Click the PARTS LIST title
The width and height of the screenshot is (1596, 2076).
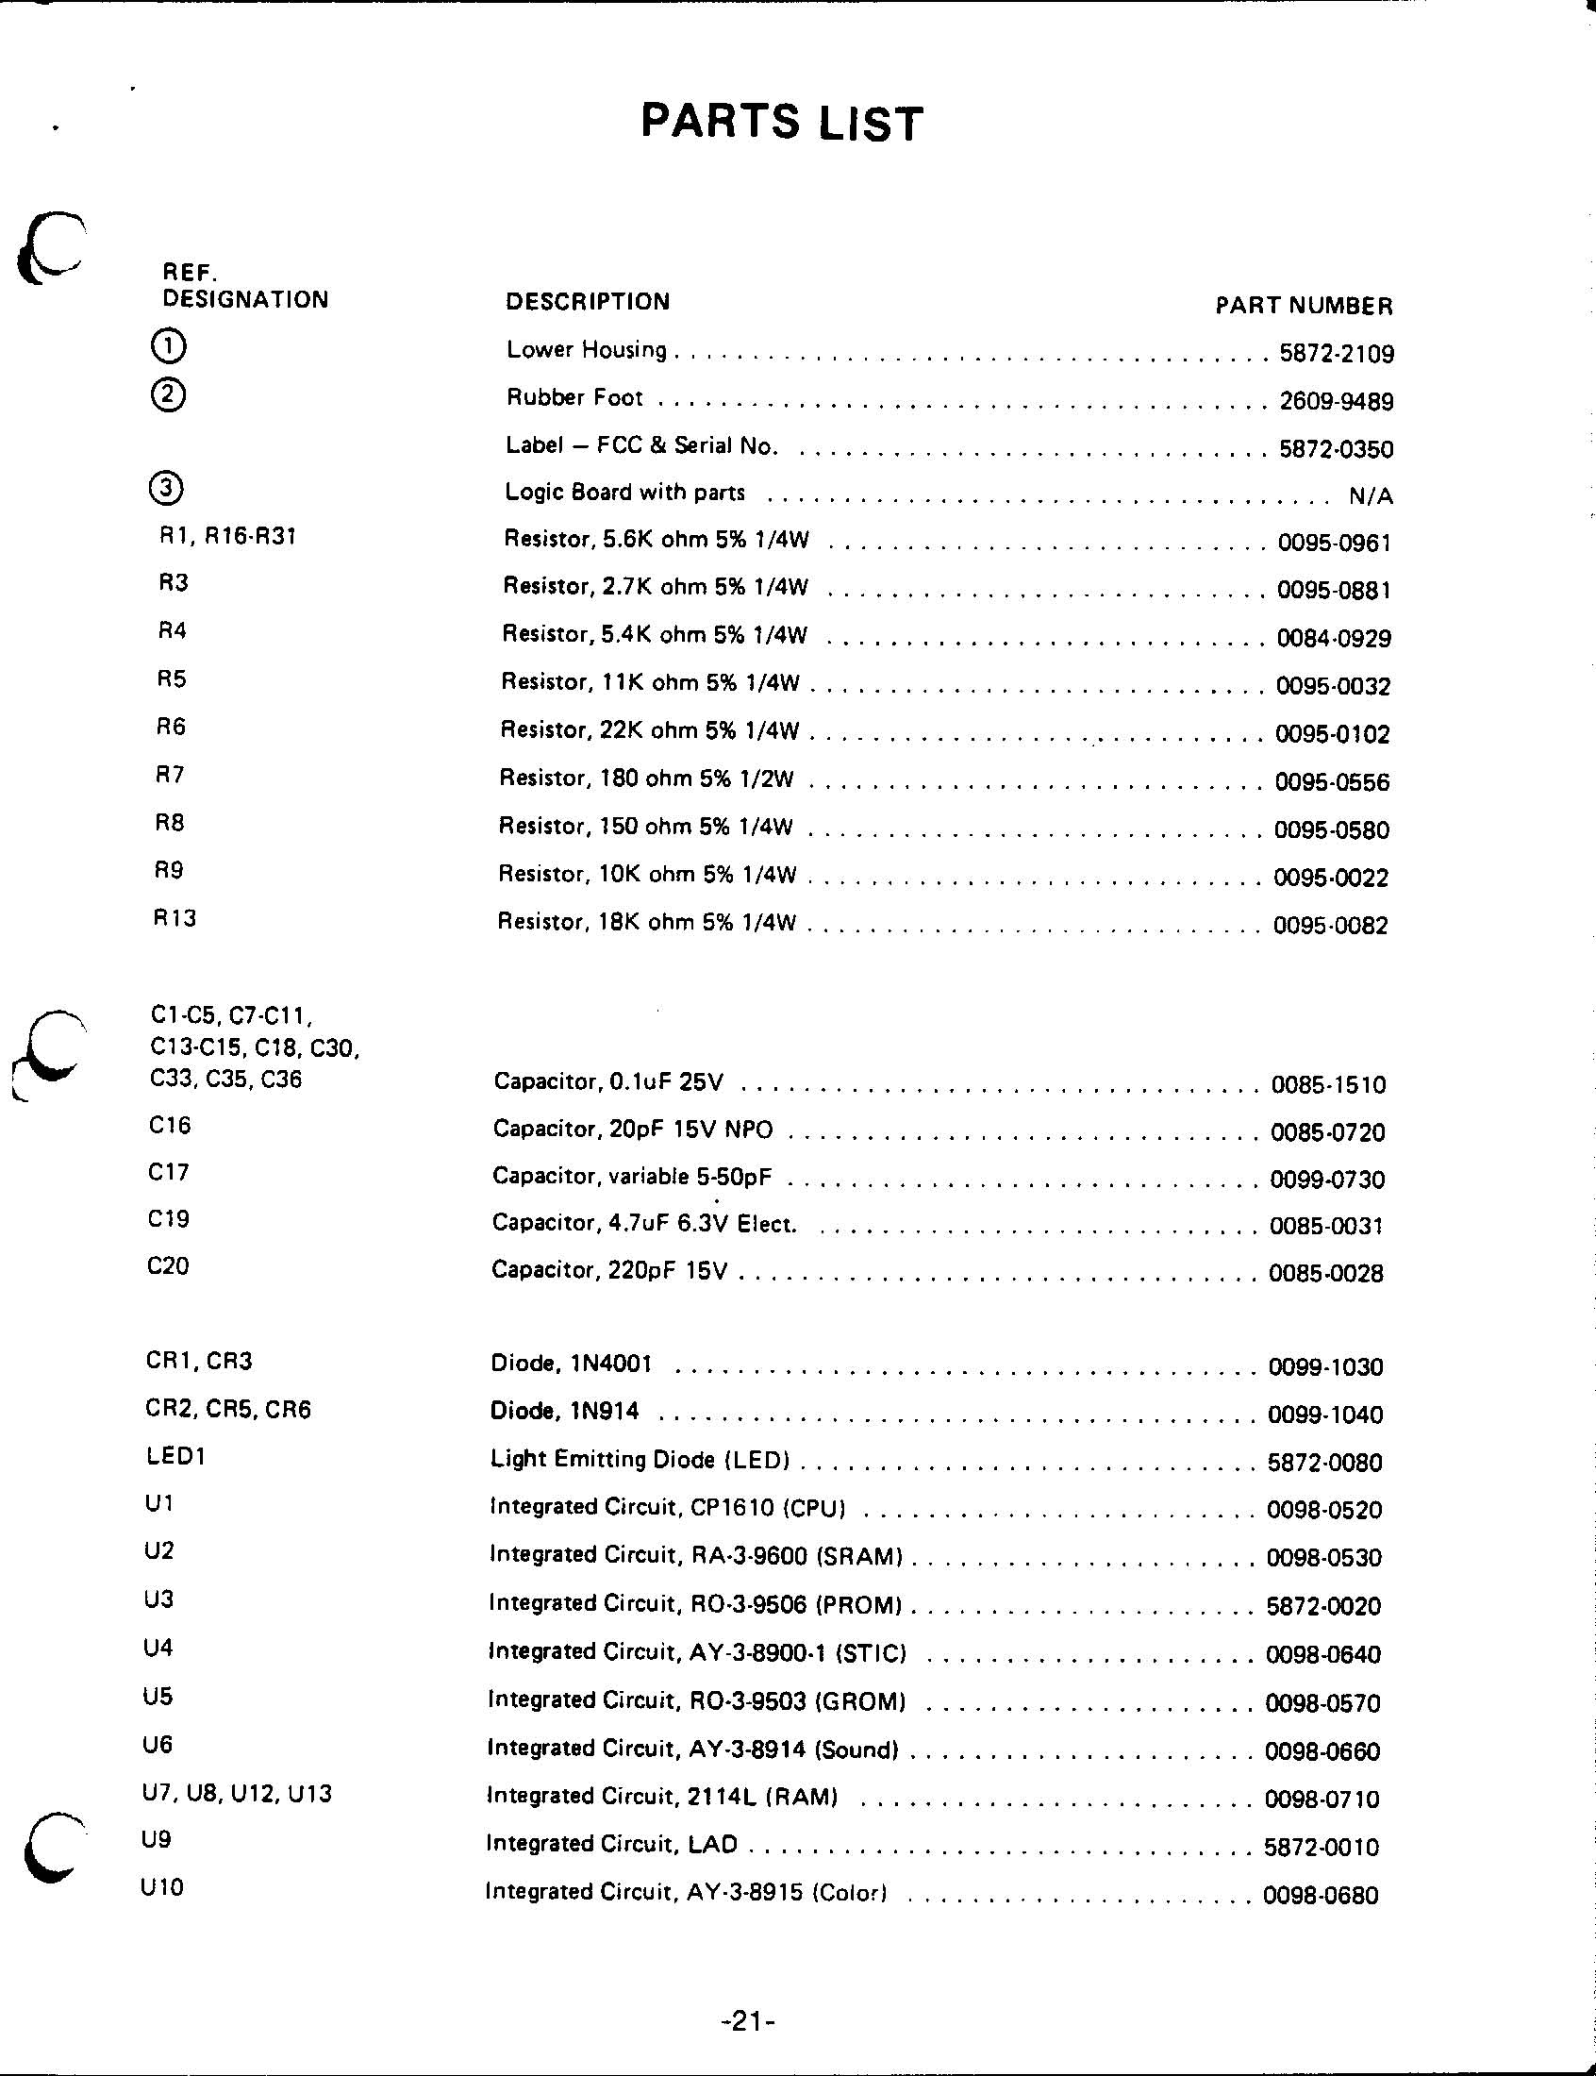(x=781, y=123)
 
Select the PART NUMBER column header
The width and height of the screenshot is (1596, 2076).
(x=1304, y=306)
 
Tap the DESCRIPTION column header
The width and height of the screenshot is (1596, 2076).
(x=587, y=301)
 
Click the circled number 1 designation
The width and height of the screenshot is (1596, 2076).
(x=168, y=345)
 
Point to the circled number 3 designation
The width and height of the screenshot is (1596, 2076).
(x=166, y=489)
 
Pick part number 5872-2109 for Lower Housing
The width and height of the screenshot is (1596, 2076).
(x=1336, y=355)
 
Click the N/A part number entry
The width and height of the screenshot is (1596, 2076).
(x=1370, y=496)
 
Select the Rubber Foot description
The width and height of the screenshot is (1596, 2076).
(x=574, y=397)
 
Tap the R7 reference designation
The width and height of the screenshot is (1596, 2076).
(x=170, y=776)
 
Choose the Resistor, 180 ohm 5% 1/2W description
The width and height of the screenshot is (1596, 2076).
(x=646, y=779)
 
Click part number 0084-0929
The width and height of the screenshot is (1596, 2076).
(x=1333, y=639)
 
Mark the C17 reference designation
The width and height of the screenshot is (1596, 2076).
(x=168, y=1172)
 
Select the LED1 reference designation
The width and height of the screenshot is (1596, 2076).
(x=175, y=1457)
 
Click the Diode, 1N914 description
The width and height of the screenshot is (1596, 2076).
(x=564, y=1412)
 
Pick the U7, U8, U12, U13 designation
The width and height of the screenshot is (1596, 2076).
(x=237, y=1794)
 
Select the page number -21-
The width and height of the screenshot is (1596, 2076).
(x=749, y=2022)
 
